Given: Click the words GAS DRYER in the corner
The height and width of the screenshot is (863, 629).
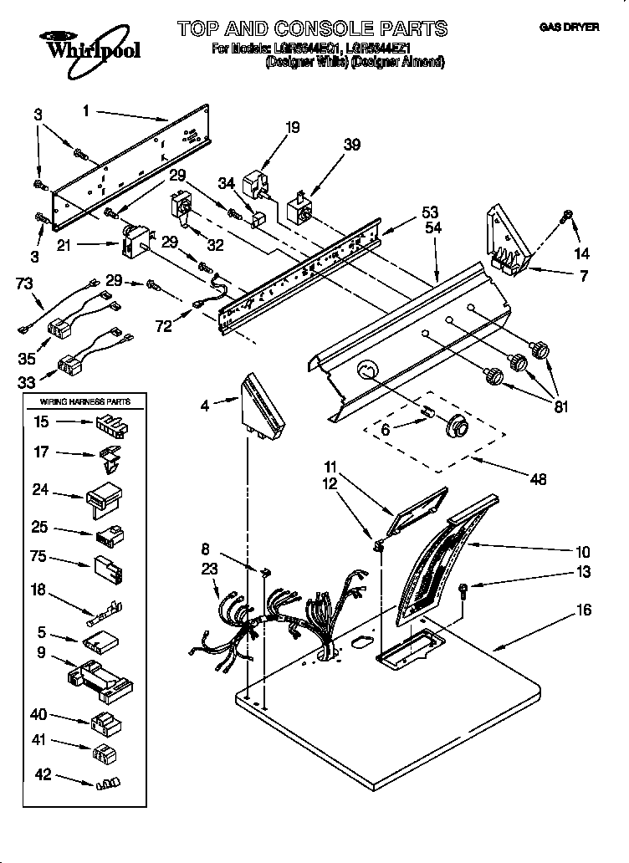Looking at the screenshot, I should click(x=569, y=28).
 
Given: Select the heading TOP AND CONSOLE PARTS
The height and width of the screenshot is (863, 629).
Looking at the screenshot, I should click(x=312, y=29).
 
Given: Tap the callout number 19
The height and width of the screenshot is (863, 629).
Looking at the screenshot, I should click(x=292, y=128).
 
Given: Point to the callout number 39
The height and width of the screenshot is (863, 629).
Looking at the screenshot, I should click(x=352, y=145).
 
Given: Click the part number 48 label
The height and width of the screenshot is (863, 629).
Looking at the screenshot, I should click(x=538, y=479).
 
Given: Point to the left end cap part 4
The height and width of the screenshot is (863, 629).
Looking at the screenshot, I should click(x=263, y=405).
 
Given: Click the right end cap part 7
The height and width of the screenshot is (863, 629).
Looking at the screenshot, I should click(x=507, y=238).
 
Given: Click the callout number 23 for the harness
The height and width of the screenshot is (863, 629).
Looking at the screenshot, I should click(x=209, y=569).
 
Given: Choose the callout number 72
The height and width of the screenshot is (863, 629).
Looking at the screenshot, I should click(x=164, y=325).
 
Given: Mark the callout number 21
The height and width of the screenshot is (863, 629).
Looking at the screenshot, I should click(x=87, y=245).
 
